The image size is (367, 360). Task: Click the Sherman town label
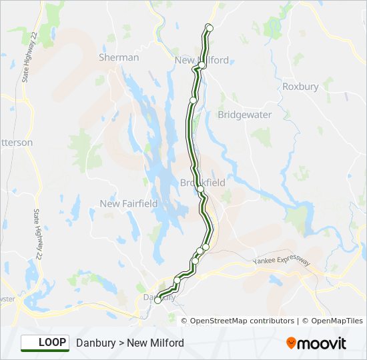point(119,57)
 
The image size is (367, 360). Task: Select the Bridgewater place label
point(245,115)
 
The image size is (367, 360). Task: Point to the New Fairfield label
point(129,203)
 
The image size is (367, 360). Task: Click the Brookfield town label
point(203,182)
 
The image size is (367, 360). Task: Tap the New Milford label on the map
point(202,60)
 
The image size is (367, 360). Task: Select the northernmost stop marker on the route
point(209,27)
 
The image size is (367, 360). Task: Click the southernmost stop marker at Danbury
point(157,301)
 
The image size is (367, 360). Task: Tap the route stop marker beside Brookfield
point(200,189)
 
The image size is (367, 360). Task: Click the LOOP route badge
point(45,343)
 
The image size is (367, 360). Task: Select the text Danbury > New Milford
point(130,343)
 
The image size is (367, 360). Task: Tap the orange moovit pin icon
point(291,343)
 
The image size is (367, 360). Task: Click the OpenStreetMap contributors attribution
point(242,321)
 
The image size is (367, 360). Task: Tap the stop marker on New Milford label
point(202,65)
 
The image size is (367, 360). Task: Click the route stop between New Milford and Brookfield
point(193,100)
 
